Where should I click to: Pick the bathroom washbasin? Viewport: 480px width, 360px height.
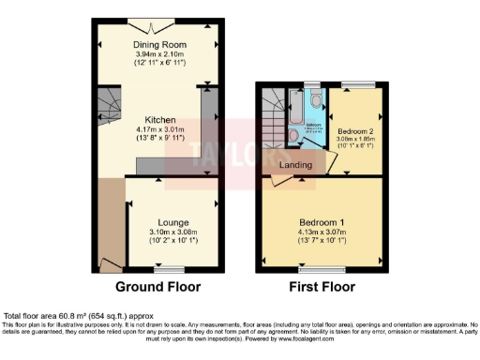click(306, 147)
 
